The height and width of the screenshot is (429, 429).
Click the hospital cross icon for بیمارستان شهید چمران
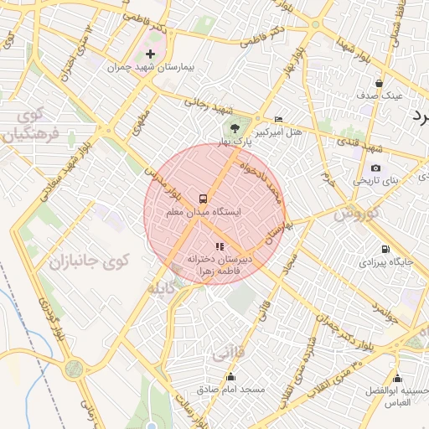(x=151, y=54)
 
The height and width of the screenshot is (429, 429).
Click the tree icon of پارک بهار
(x=235, y=129)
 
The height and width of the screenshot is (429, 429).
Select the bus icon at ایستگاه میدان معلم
(x=204, y=199)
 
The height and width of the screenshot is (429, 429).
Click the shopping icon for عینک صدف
(x=380, y=83)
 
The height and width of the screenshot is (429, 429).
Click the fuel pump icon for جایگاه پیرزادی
(x=385, y=249)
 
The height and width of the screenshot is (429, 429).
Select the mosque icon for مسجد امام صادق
(x=230, y=377)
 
